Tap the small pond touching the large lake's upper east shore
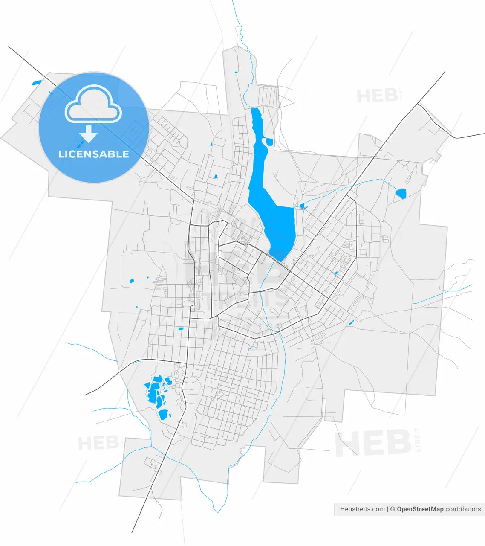coord(269,142)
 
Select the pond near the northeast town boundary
coord(401,194)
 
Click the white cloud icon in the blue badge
coord(93,104)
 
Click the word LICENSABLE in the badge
coord(94,154)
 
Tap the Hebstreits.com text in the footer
coord(362,509)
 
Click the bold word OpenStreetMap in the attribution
coord(420,509)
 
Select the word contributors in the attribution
coord(463,509)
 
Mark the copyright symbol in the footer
coord(393,509)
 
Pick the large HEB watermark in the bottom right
coord(373,444)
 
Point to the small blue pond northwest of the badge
coord(37,82)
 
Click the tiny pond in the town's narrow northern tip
coord(236,72)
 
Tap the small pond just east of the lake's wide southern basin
coord(303,206)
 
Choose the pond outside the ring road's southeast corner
coord(351,322)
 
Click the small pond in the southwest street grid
coord(180,329)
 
